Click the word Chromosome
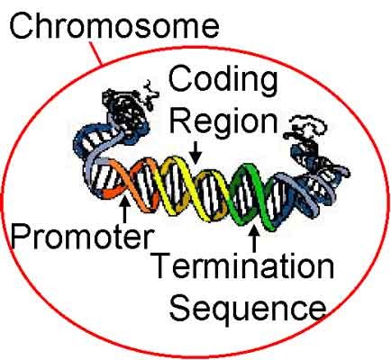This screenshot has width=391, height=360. point(114,25)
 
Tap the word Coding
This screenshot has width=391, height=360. point(223,80)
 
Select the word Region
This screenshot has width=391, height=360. point(223,122)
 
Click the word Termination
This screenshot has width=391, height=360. point(242,265)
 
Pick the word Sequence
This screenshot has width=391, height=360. point(248,310)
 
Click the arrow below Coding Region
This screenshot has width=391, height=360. point(195,152)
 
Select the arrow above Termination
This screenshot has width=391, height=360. point(255,238)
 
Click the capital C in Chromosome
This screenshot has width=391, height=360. point(22,25)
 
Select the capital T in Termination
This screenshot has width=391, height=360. point(162,265)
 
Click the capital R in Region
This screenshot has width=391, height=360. point(181,121)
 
